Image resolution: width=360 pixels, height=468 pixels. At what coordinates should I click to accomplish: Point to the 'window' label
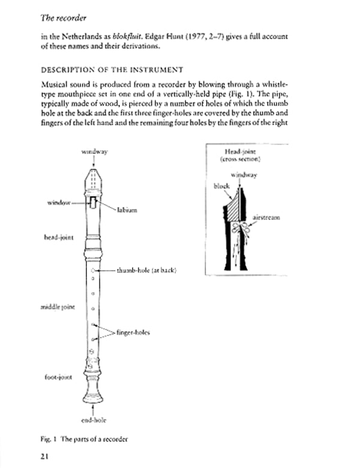pyautogui.click(x=59, y=203)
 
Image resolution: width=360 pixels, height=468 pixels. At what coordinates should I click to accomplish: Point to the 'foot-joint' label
pyautogui.click(x=59, y=377)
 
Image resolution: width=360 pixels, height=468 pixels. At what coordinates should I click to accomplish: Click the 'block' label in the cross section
pyautogui.click(x=222, y=186)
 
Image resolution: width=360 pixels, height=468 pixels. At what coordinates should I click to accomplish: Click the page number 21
pyautogui.click(x=44, y=457)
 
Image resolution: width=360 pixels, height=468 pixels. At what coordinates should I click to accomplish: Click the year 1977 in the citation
pyautogui.click(x=212, y=35)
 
